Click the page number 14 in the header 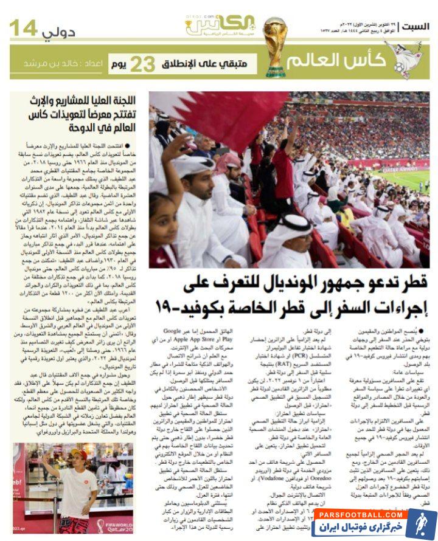pyautogui.click(x=25, y=27)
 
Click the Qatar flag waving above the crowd pyautogui.click(x=219, y=115)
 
